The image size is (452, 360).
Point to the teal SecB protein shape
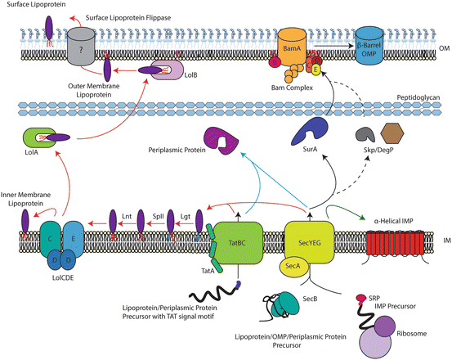coord(285,304)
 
